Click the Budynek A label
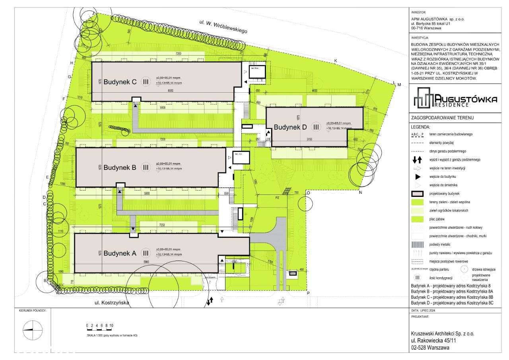[120, 253]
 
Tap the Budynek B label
[120, 168]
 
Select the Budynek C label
[120, 82]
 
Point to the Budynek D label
[290, 127]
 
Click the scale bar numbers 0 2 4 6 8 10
[100, 325]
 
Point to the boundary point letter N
[360, 193]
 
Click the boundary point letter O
[308, 193]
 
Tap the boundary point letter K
[335, 61]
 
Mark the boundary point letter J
[93, 13]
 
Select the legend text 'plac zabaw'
[437, 219]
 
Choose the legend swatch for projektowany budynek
[418, 194]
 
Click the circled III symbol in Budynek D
[316, 127]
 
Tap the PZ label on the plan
[277, 197]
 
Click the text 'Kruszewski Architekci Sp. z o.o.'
[442, 334]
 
